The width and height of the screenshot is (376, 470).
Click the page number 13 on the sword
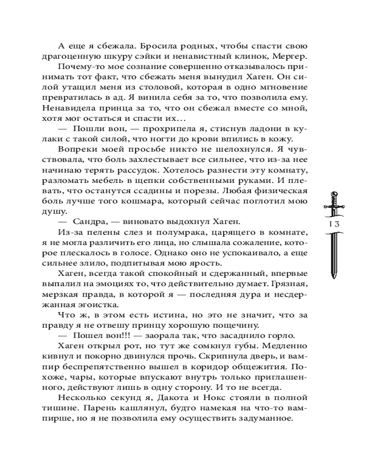coord(334,223)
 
